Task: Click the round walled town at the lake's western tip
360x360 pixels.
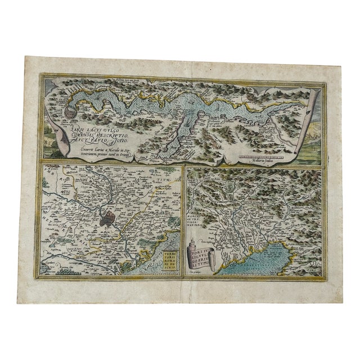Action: pos(69,114)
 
